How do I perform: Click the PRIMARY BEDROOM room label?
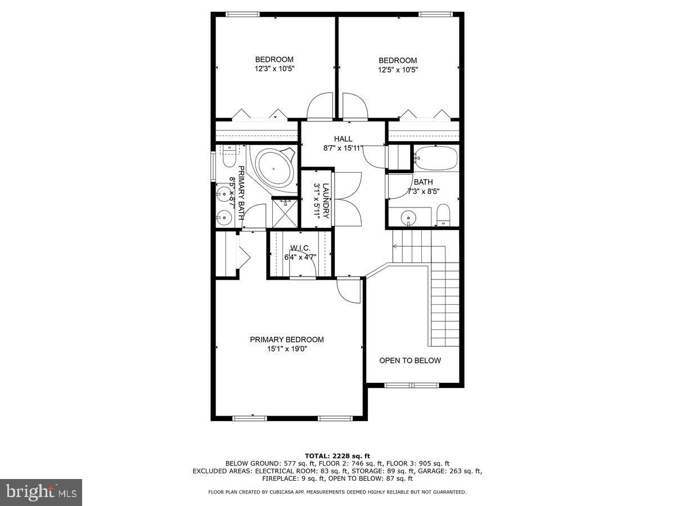[287, 340]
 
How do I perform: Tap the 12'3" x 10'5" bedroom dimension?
[274, 69]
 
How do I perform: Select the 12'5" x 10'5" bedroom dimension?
[398, 70]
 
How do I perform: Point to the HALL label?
[343, 139]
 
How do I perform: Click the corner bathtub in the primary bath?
[275, 168]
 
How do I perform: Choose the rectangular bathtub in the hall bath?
[436, 159]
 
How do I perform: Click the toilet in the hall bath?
[444, 215]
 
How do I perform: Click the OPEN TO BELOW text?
[410, 360]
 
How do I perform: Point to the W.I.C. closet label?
[300, 248]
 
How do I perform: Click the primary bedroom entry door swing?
[348, 291]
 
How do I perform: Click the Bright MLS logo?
[41, 492]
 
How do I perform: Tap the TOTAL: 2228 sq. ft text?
[337, 455]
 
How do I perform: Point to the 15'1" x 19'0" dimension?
[287, 349]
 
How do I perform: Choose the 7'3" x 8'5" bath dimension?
[423, 191]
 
